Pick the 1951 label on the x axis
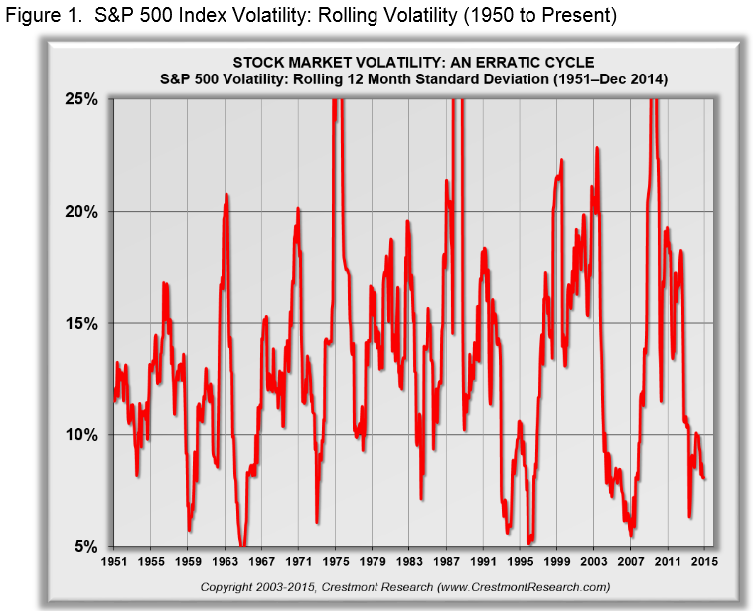114,562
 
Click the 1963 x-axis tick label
226,562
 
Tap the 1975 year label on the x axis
336,562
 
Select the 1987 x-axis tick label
447,562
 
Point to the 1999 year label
557,562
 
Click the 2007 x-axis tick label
632,562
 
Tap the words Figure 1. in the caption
41,16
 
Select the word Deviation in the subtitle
543,77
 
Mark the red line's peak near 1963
226,194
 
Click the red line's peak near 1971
298,208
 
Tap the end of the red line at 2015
705,478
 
